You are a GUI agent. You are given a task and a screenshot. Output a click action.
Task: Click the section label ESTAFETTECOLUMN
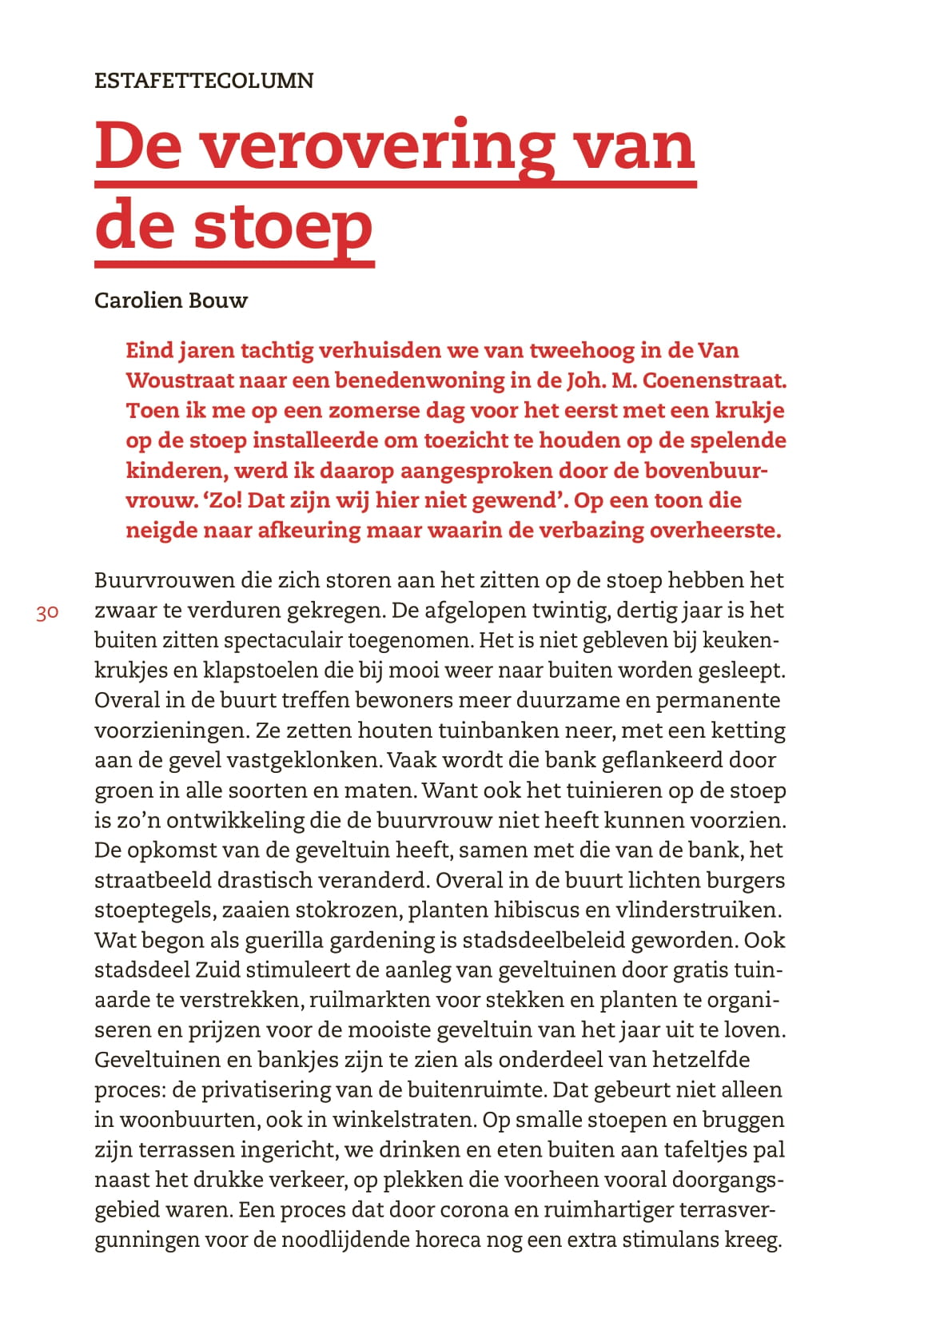[204, 80]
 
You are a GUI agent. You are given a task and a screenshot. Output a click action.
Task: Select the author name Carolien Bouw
[171, 301]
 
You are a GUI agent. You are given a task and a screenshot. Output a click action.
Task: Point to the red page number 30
[47, 613]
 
